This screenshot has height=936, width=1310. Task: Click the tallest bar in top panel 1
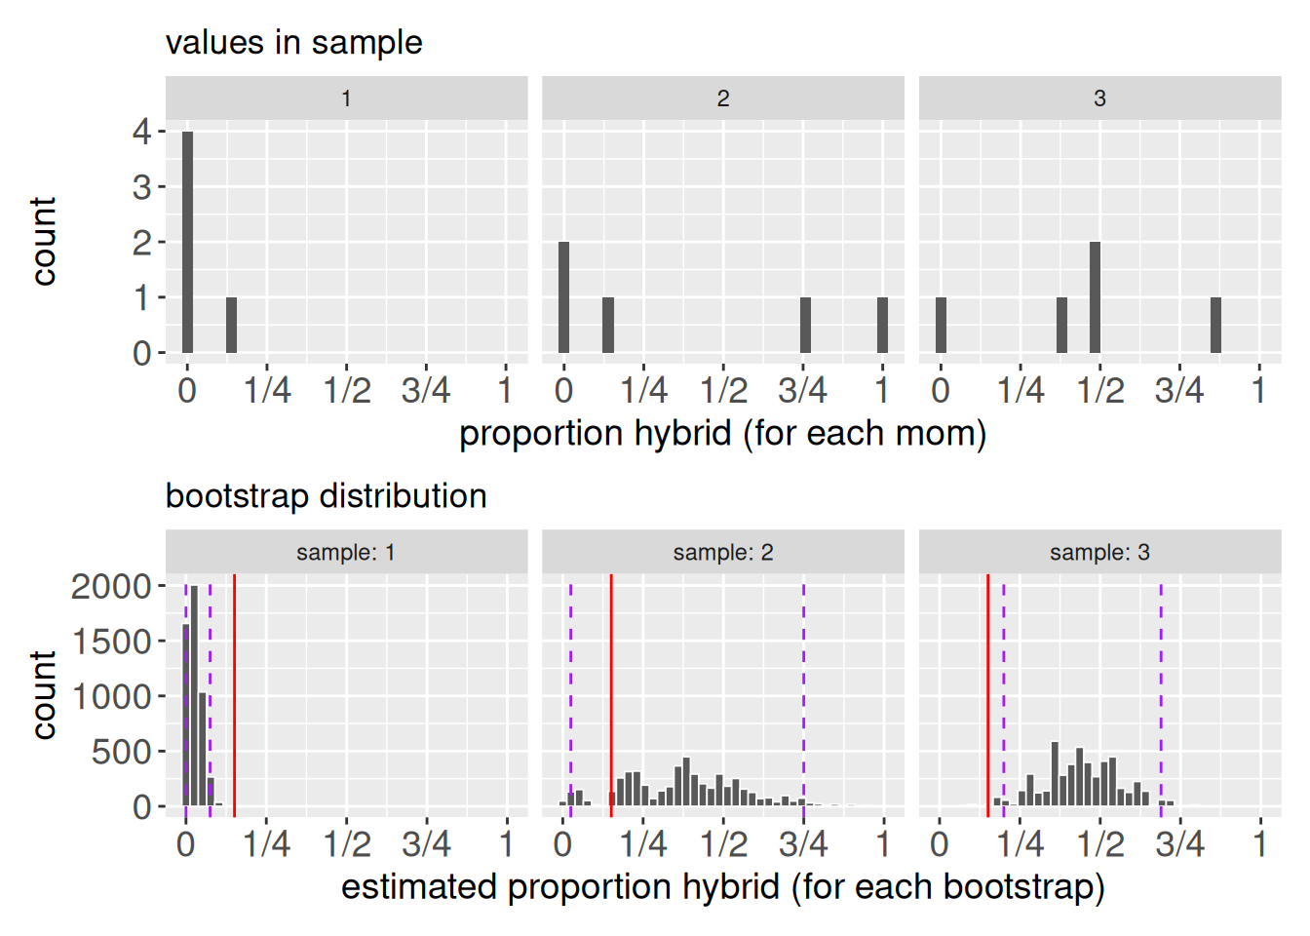[187, 242]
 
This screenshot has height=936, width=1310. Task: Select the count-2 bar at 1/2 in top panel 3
[1095, 297]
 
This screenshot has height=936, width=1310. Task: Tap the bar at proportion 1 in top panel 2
[882, 325]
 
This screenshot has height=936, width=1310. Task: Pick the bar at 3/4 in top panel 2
[805, 325]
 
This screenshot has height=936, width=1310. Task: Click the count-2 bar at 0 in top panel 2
[563, 297]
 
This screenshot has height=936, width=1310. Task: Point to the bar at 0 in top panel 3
[941, 325]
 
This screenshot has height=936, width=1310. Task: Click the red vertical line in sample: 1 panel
[234, 692]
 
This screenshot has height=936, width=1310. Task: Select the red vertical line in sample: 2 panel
[611, 692]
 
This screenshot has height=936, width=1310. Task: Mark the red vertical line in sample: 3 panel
[987, 692]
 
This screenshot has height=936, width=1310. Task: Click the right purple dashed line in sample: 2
[803, 692]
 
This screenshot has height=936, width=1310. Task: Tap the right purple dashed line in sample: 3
[1161, 692]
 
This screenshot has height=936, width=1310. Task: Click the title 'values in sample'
[293, 43]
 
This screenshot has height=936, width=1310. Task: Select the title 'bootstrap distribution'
[326, 496]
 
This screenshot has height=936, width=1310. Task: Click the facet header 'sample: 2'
[722, 553]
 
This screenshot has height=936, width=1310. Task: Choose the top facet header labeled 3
[1099, 98]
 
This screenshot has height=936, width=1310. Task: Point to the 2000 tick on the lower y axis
[111, 586]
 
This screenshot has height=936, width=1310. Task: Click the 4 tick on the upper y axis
[142, 132]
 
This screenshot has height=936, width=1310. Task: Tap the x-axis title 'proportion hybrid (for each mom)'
[722, 434]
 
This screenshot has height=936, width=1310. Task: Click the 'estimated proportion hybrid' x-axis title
[722, 887]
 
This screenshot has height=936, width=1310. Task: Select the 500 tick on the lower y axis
[121, 752]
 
